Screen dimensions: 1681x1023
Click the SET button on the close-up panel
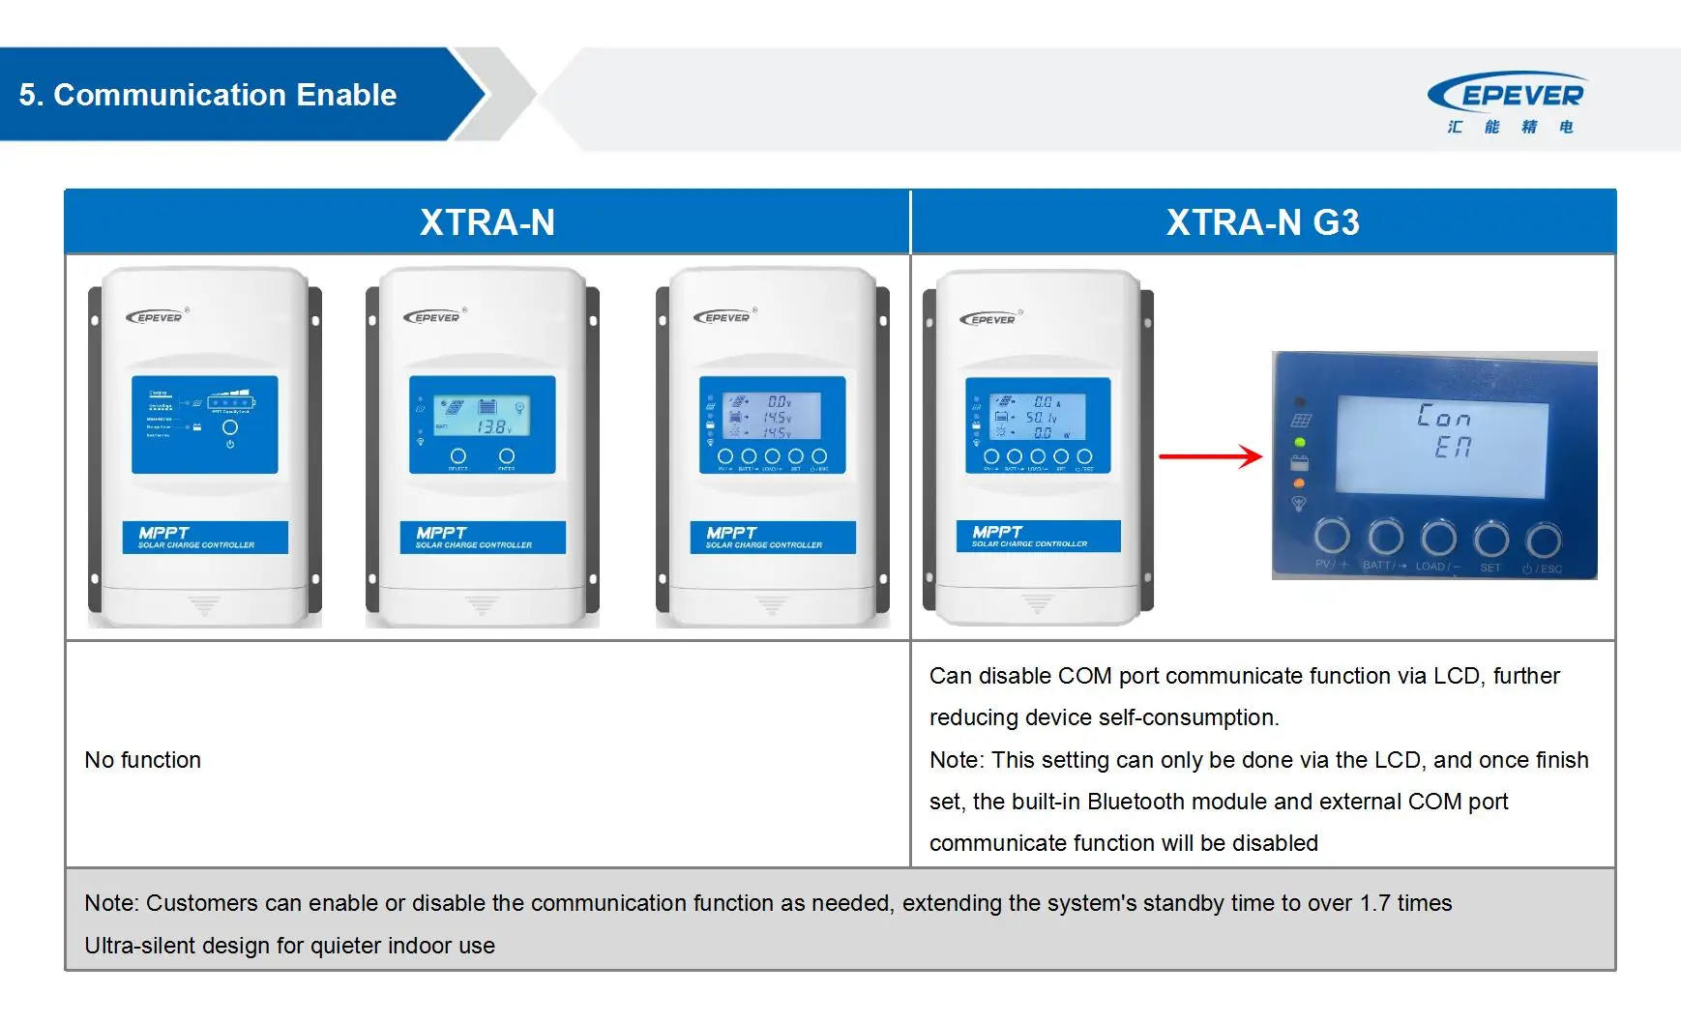point(1490,539)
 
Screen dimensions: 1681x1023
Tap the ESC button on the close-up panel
point(1543,540)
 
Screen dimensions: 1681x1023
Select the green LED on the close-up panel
point(1300,443)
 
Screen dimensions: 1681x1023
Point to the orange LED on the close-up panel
point(1299,482)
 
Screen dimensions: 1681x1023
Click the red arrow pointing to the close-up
point(1210,456)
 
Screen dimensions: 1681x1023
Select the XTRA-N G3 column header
point(1262,222)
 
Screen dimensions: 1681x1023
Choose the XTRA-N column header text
point(487,222)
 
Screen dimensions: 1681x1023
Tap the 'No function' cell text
point(143,760)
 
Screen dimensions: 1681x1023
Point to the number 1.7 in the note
point(1374,903)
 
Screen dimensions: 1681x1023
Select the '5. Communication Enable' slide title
point(208,95)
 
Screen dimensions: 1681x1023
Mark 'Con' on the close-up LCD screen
point(1443,417)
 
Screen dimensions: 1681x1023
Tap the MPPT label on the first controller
point(163,533)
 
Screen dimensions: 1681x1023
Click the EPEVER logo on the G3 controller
point(989,318)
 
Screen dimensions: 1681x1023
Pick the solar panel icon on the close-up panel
point(1300,421)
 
